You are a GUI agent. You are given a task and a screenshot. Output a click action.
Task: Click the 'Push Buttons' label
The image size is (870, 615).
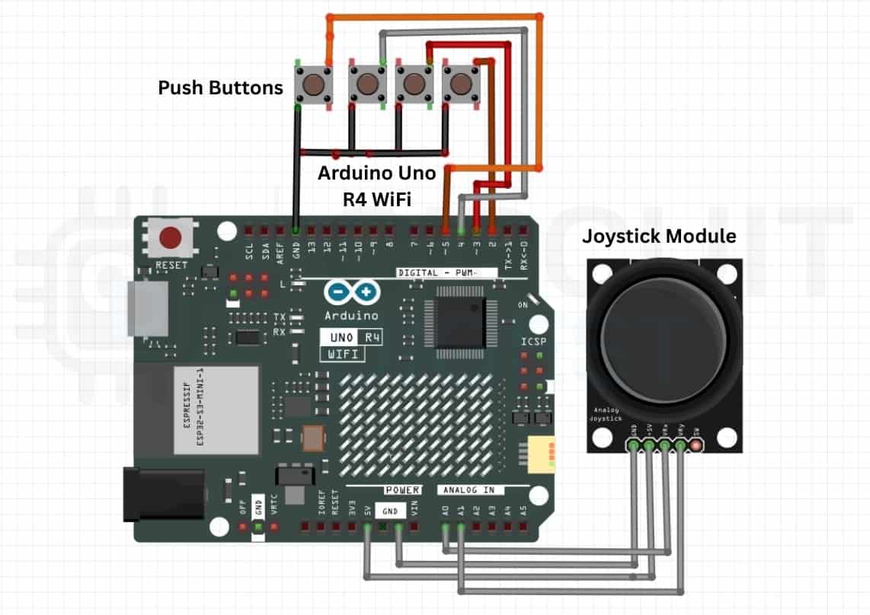pos(220,88)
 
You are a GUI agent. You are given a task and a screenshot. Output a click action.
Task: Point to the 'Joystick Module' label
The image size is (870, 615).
pos(659,236)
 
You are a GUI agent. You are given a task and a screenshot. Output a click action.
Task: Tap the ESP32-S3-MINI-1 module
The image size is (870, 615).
pos(197,410)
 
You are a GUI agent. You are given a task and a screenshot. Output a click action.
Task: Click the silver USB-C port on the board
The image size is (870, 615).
pos(149,307)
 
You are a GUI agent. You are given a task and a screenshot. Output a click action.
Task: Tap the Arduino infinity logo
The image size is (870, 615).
pos(351,293)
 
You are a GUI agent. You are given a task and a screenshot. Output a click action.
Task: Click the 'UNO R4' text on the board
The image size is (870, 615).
pos(351,337)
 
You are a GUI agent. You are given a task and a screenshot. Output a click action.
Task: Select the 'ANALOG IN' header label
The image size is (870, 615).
pos(469,489)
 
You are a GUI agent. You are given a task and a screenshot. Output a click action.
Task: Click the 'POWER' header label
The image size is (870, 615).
pos(401,489)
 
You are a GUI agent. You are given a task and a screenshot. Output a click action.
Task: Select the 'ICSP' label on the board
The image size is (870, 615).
pos(533,341)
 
